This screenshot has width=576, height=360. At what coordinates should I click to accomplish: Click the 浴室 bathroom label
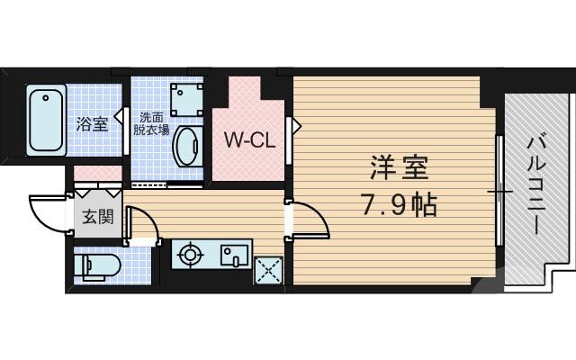(92, 124)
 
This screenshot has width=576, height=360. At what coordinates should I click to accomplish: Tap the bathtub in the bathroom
(45, 120)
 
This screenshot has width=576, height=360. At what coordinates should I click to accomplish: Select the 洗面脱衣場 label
(151, 123)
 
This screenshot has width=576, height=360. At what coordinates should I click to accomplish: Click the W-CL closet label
(248, 139)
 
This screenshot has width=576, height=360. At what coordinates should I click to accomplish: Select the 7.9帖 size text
(400, 206)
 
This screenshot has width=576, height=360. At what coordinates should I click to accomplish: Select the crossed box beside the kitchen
(266, 269)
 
